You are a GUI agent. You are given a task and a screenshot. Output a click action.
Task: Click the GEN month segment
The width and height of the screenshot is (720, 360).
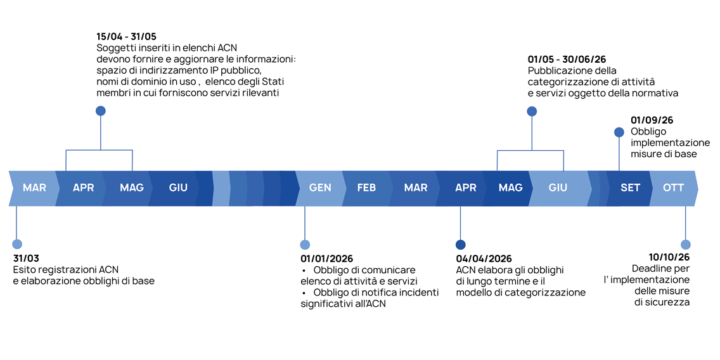320,188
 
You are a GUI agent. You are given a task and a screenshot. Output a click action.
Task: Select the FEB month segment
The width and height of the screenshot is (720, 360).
366,188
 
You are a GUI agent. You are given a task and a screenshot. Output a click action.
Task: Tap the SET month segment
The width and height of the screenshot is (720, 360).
630,188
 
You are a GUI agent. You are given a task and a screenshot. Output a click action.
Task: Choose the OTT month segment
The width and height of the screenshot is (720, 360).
673,188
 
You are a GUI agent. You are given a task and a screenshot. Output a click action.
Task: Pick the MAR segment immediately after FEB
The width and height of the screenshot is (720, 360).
416,188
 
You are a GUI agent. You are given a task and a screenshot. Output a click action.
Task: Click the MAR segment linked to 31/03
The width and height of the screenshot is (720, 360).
34,188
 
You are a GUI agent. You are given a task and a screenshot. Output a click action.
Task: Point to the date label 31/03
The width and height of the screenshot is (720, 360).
26,259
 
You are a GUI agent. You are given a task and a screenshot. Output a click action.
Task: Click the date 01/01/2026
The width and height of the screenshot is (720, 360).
326,259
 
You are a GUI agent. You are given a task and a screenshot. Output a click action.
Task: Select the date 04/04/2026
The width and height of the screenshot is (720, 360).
484,259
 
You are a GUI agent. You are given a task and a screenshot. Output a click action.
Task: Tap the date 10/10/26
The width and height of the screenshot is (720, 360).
669,257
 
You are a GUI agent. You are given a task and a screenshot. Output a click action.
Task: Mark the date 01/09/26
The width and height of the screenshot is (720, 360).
652,120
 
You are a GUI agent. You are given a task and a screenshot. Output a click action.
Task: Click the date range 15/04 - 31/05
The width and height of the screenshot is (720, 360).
126,37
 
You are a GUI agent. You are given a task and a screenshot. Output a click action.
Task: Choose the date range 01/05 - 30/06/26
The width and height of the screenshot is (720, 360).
567,60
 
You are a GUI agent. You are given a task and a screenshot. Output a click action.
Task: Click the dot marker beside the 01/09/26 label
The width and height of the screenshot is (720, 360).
619,132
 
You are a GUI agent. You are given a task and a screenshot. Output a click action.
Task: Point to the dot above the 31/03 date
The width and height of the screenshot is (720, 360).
17,244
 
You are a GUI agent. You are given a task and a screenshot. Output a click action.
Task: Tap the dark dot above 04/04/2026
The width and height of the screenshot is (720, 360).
460,245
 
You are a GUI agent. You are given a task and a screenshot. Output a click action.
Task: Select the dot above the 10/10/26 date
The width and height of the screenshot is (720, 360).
685,245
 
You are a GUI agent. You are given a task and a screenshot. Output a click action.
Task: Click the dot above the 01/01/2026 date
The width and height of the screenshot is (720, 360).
305,245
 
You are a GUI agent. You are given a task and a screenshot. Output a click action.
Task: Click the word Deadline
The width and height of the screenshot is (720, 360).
651,269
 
